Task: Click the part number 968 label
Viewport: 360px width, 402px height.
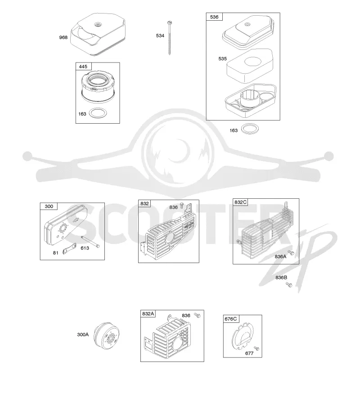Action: pos(63,37)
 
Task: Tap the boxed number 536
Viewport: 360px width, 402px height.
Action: pos(214,17)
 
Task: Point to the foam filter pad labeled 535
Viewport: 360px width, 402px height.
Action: pos(249,65)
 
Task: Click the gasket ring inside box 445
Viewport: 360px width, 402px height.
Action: pos(98,113)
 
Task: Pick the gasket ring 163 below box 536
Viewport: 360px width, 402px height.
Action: pos(250,129)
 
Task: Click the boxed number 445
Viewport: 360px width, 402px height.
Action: pos(83,67)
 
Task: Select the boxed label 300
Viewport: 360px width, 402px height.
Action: pos(49,206)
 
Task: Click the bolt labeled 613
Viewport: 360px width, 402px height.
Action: pos(90,241)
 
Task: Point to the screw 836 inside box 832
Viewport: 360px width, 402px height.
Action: pos(182,205)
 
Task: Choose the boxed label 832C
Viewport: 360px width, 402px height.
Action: pos(240,202)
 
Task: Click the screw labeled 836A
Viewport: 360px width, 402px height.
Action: pos(290,253)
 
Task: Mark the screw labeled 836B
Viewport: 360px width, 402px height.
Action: pos(288,284)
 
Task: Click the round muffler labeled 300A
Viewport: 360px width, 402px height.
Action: pos(106,337)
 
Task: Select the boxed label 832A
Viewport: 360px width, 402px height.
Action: pos(148,313)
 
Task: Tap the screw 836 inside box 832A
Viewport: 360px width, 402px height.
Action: pos(197,315)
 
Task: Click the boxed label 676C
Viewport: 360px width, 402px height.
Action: pos(231,319)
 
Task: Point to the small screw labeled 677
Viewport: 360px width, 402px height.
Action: pos(256,348)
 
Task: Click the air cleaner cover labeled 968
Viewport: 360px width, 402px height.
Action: pos(98,34)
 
